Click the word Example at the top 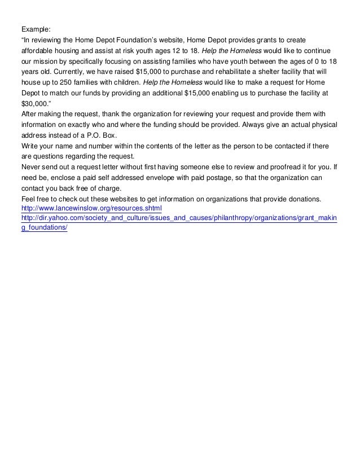[x=36, y=28]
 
